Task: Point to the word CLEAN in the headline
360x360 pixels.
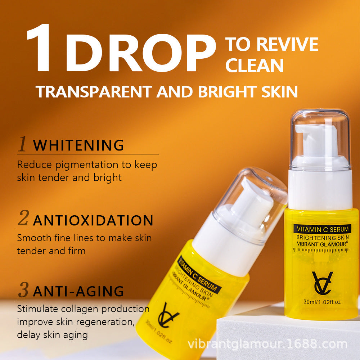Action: point(255,65)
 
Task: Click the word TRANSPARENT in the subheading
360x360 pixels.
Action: point(94,91)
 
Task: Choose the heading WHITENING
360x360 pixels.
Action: point(78,145)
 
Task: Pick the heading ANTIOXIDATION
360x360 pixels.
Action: point(93,220)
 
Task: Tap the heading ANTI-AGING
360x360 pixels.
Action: point(78,291)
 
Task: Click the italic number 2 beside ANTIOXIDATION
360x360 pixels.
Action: point(23,218)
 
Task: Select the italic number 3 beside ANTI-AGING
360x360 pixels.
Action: point(23,289)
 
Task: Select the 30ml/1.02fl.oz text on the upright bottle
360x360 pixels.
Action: point(322,302)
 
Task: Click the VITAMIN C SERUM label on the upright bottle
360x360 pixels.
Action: point(322,229)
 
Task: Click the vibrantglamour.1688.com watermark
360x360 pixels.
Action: point(267,344)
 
